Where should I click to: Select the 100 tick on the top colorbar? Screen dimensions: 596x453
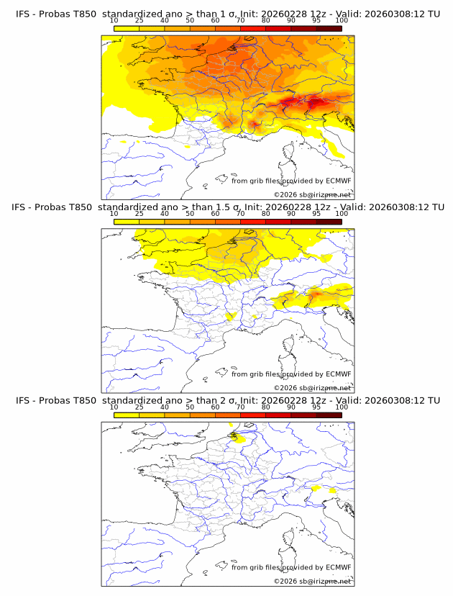tap(342, 21)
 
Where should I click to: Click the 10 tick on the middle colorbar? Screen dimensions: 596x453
tap(114, 214)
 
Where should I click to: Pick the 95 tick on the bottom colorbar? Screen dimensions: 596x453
tap(316, 407)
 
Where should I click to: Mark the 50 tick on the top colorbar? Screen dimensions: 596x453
tap(190, 21)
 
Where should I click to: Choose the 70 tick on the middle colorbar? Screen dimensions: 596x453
tap(240, 214)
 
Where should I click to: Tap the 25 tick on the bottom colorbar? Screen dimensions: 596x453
tap(139, 407)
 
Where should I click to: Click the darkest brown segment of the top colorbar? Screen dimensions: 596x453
tap(329, 28)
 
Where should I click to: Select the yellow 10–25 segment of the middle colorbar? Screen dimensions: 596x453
tap(127, 221)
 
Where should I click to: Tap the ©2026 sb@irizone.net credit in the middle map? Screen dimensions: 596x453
tap(312, 388)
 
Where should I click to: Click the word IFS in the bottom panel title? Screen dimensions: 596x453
tap(22, 400)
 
